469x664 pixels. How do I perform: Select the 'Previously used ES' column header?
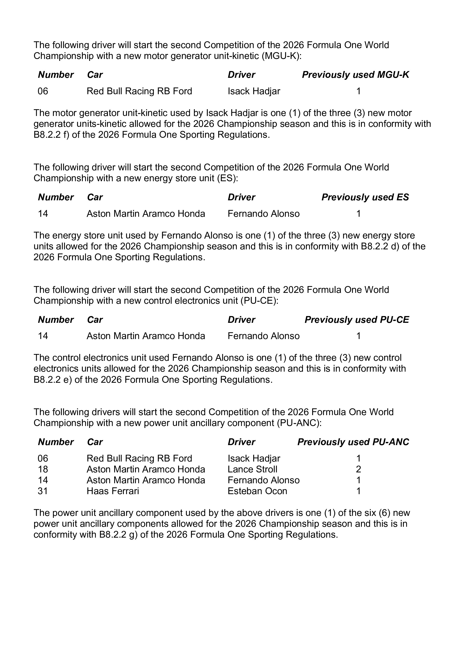[x=365, y=197]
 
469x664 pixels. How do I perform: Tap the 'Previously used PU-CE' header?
[x=357, y=320]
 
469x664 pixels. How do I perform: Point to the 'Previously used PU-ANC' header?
[x=353, y=442]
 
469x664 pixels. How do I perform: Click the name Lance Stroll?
[x=252, y=469]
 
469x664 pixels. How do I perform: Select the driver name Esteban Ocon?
[x=257, y=491]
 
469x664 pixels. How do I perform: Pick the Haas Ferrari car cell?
[x=113, y=491]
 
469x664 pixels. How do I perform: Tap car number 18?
[x=43, y=469]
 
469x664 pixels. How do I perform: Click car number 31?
[x=43, y=491]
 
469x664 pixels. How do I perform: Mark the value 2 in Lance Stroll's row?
[x=358, y=469]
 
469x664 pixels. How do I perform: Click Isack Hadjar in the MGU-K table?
[x=254, y=91]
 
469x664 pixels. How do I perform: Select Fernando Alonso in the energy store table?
[x=264, y=214]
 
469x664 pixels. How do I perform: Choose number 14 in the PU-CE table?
[x=43, y=336]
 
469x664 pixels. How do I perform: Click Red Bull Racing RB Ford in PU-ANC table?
[x=139, y=458]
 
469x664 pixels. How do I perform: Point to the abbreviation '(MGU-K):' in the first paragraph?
[x=281, y=56]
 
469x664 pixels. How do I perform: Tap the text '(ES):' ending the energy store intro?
[x=227, y=178]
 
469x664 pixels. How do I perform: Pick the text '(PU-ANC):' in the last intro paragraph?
[x=299, y=423]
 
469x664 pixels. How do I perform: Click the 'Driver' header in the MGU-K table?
[x=241, y=75]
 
